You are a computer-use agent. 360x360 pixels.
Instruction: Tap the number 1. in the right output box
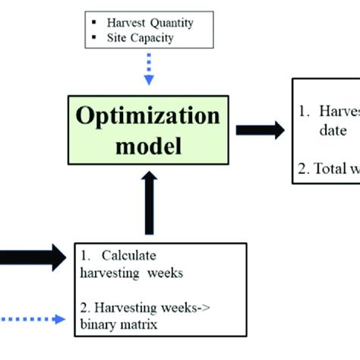pos(304,111)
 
